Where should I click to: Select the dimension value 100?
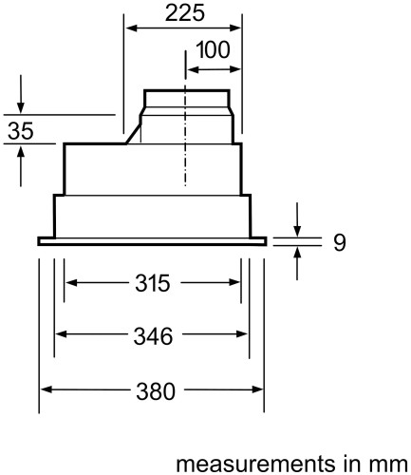pos(213,51)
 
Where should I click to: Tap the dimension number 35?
pos(20,132)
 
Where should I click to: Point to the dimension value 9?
pos(338,242)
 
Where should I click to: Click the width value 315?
pos(151,283)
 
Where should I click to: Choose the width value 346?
pos(151,335)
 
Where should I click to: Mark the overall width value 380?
pos(151,389)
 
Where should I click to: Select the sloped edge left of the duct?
pos(133,131)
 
